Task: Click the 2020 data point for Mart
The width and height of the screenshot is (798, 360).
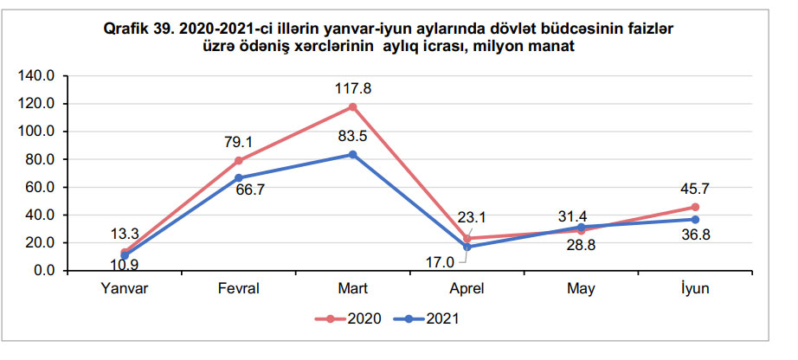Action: click(x=353, y=107)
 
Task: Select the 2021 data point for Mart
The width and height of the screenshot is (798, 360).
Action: click(x=353, y=155)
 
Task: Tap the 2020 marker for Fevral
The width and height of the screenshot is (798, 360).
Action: click(x=239, y=161)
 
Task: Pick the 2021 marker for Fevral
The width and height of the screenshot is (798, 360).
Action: click(x=239, y=178)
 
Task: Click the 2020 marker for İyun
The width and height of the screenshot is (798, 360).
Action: click(x=695, y=207)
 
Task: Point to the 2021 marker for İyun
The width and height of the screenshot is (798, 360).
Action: click(x=695, y=219)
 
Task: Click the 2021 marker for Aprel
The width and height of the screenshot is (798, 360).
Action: click(x=467, y=247)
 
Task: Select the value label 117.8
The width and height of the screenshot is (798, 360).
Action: click(x=353, y=88)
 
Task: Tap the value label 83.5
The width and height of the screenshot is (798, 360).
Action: click(x=353, y=136)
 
